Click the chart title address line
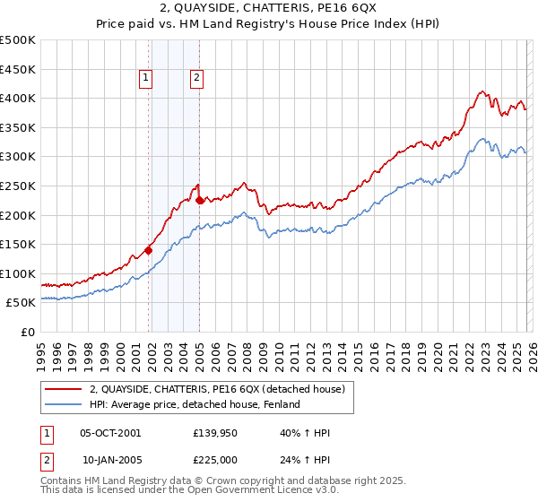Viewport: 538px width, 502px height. coord(268,9)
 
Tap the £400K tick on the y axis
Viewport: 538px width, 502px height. coord(18,98)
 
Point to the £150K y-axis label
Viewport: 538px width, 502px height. coord(18,244)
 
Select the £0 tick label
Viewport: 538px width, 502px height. coord(29,332)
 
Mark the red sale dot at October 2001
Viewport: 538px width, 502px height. coord(148,250)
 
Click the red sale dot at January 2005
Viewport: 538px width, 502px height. coord(199,201)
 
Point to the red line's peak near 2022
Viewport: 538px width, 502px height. coord(482,91)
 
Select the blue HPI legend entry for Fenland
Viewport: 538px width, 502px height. coord(194,404)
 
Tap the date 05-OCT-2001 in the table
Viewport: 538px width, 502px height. coord(110,433)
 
